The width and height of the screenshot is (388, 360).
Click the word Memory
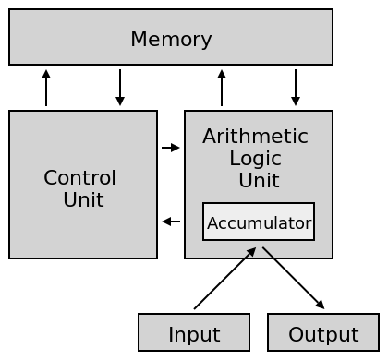(171, 40)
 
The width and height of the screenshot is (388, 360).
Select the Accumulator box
(259, 222)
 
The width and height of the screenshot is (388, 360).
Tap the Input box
(194, 333)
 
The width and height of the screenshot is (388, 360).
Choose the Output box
(323, 333)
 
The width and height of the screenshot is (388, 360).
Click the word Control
(80, 177)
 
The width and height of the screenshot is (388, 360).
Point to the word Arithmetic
(255, 137)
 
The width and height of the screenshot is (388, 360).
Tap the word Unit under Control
(83, 199)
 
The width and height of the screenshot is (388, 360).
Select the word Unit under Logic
(259, 180)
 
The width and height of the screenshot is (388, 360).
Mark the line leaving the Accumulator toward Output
(268, 252)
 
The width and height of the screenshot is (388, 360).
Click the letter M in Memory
(138, 40)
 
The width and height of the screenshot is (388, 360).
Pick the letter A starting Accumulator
(212, 223)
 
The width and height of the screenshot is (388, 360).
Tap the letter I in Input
(170, 334)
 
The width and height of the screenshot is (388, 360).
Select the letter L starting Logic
(234, 158)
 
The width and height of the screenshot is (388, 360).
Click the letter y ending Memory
(207, 42)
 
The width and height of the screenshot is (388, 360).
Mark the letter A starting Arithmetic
(209, 137)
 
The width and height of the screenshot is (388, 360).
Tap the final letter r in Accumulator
(309, 224)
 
